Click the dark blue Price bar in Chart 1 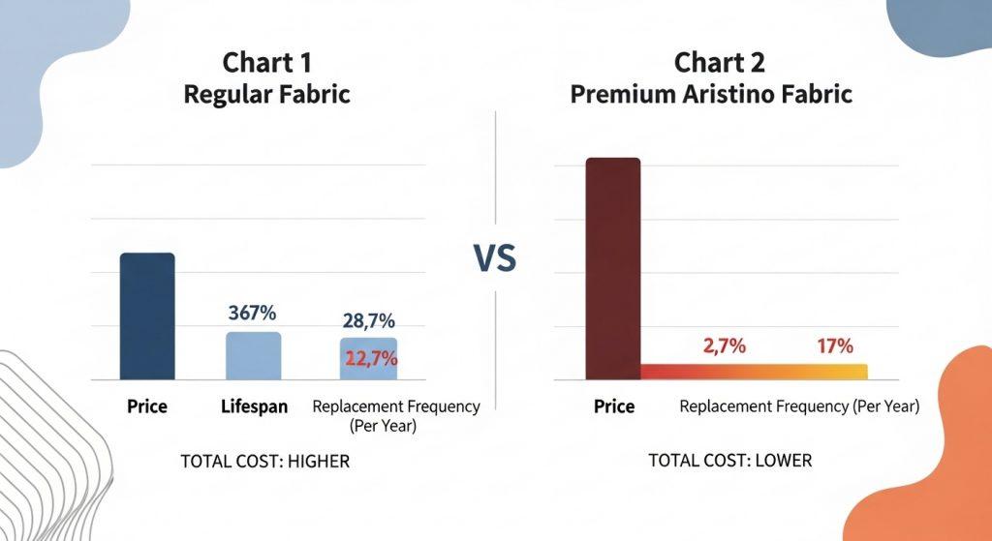146,316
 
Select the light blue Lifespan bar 253,356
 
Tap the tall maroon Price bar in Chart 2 612,268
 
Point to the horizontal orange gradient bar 754,372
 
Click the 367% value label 253,314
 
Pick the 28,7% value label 369,321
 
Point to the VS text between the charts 494,258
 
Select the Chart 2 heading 720,63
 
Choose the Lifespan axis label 253,406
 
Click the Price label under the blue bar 146,406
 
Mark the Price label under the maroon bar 613,406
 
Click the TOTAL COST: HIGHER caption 264,462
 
